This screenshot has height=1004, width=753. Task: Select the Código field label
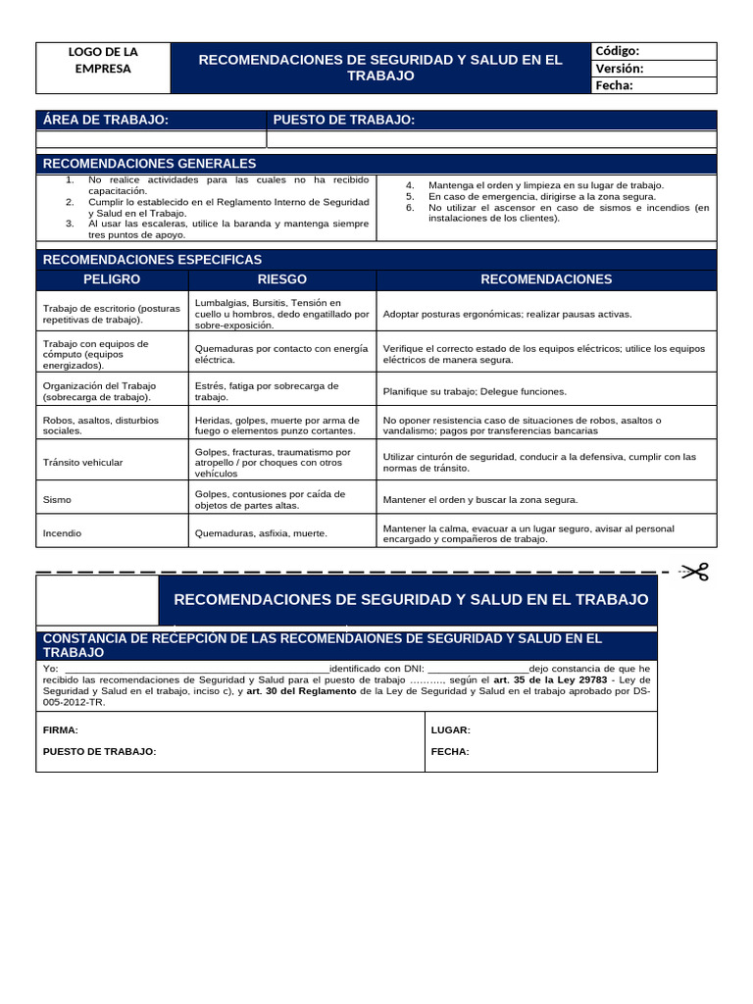[x=617, y=51]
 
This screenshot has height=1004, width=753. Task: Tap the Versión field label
[x=619, y=69]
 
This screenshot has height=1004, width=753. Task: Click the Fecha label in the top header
[x=614, y=85]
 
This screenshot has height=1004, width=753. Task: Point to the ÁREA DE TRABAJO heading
[x=106, y=120]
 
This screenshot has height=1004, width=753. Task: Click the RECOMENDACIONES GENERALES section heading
[x=149, y=163]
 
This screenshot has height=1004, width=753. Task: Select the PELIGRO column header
[x=111, y=279]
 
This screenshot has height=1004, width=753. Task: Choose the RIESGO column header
[x=281, y=279]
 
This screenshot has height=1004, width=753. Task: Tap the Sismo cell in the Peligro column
[x=57, y=499]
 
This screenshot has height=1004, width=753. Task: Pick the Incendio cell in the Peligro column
[x=63, y=533]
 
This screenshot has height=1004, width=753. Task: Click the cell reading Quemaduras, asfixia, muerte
[x=261, y=533]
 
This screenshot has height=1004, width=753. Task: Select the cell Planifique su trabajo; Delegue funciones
[x=475, y=391]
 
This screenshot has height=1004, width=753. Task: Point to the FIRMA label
[x=60, y=730]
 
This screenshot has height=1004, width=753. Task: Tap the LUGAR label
[x=450, y=730]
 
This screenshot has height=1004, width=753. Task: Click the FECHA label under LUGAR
[x=450, y=751]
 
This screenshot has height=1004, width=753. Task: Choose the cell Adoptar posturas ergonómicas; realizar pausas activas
[x=507, y=314]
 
